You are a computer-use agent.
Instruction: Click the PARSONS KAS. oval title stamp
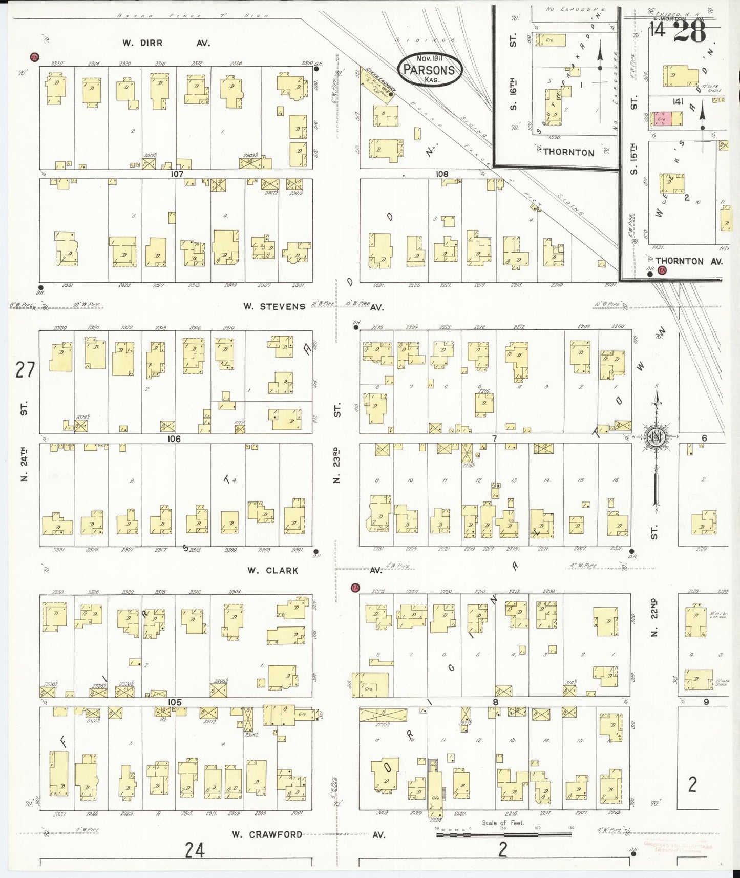coord(431,69)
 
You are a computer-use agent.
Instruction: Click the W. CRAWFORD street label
coord(267,834)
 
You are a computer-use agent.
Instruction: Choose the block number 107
coord(177,174)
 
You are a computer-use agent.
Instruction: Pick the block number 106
coord(174,438)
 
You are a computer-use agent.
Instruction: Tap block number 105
coord(175,701)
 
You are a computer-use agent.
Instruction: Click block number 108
coord(442,174)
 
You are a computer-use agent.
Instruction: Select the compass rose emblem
coord(656,438)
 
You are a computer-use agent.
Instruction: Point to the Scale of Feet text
coord(502,823)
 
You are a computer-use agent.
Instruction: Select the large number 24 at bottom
coord(195,850)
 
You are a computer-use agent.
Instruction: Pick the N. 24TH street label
coord(24,464)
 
